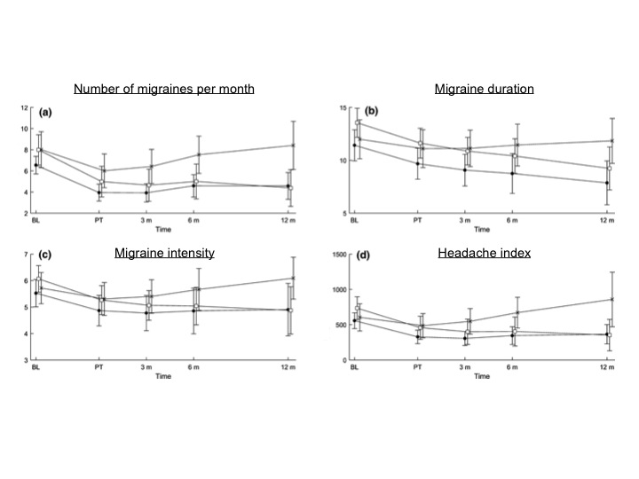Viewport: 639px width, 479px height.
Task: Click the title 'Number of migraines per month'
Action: pos(164,89)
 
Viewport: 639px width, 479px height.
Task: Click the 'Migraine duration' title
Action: pos(484,89)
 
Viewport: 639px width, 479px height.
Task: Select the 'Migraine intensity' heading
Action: pos(164,253)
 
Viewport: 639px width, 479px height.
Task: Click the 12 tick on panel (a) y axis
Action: pos(26,107)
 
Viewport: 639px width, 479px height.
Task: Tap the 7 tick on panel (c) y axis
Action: pos(27,255)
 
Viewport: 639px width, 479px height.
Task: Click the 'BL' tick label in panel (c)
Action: pos(36,367)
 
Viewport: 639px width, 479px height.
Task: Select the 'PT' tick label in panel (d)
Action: pos(418,367)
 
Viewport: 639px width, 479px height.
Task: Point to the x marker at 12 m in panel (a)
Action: pos(292,145)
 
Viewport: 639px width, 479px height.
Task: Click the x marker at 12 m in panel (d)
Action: pos(611,299)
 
